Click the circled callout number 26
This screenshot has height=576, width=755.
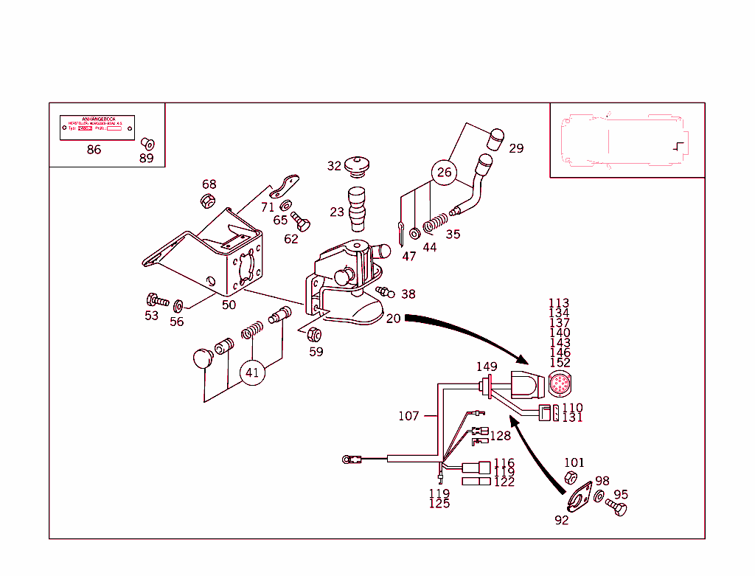coord(444,173)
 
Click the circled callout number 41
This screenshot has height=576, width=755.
coord(253,372)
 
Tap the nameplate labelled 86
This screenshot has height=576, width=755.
coord(97,128)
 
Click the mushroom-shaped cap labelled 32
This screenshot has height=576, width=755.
coord(358,165)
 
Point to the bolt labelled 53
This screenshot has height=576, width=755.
coord(156,300)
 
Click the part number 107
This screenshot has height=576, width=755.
coord(408,416)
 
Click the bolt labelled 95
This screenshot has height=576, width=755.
coord(616,507)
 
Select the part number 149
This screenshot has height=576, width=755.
coord(486,367)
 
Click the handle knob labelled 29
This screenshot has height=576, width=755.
coord(497,138)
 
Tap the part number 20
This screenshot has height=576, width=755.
coord(393,319)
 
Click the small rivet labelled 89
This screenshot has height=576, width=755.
coord(146,142)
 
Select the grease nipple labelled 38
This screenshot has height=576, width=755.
coord(385,291)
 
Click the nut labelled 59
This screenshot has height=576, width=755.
coord(313,334)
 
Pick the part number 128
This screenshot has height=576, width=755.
coord(500,436)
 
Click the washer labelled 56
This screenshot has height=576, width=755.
coord(178,304)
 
